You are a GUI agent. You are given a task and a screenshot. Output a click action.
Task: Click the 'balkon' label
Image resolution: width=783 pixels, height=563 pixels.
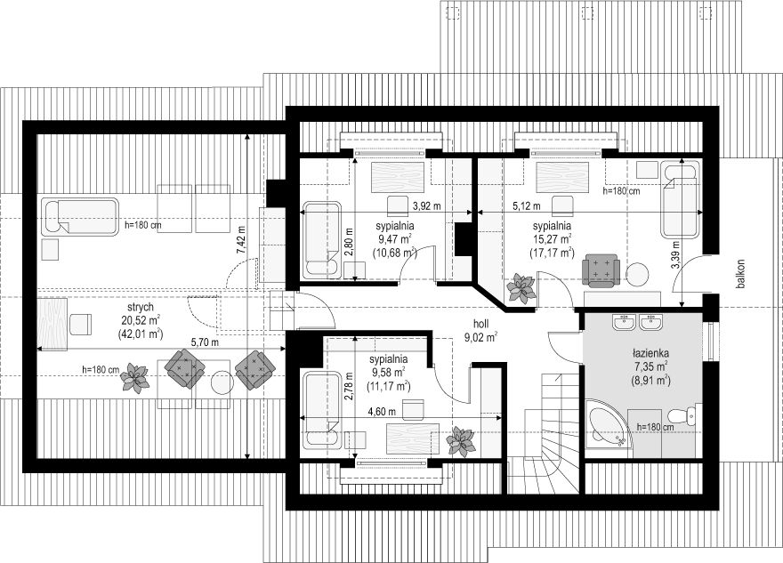tap(741, 274)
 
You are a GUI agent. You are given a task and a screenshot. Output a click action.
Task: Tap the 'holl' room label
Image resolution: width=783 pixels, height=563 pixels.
tap(481, 324)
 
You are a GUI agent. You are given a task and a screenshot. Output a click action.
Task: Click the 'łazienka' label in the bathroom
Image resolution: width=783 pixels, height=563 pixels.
tap(649, 353)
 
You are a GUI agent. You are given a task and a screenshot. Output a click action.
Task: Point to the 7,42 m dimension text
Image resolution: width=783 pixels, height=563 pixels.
tap(242, 242)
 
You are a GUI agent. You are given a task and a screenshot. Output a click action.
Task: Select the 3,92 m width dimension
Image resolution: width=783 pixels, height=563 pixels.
tap(426, 205)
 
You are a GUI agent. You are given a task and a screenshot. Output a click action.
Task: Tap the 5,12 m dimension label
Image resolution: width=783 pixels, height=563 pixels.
tap(527, 205)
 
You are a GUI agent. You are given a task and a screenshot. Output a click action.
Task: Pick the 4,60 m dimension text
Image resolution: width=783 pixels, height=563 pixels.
tap(381, 412)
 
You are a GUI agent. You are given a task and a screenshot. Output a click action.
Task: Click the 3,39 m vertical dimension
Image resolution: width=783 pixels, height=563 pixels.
tap(675, 255)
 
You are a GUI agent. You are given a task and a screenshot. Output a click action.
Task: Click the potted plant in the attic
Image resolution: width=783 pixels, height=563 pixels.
tap(134, 378)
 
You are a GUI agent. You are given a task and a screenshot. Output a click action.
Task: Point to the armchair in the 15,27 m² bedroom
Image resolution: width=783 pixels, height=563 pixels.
tap(601, 270)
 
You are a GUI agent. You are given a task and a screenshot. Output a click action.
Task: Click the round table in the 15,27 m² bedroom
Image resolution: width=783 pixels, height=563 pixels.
tap(638, 274)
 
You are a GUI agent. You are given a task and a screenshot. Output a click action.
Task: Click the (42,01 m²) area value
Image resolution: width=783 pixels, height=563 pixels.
tap(141, 334)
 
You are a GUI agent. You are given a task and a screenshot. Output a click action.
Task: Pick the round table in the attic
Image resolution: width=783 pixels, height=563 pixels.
tap(222, 383)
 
